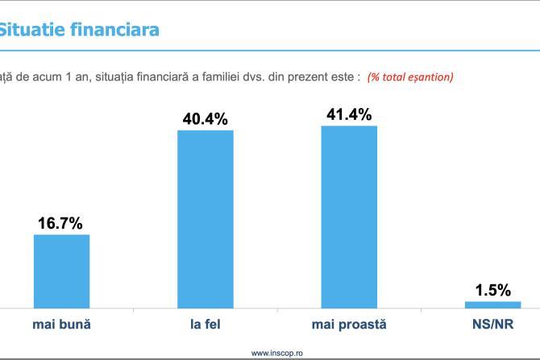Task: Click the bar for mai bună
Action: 61,271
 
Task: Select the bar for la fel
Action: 205,218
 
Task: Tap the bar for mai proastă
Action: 349,217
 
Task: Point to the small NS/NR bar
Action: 492,304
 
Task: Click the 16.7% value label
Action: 61,223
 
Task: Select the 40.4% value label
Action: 205,119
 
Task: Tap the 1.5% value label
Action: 492,290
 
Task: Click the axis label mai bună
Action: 61,325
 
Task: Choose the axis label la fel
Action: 205,325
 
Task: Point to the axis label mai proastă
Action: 349,325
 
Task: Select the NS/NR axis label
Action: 492,325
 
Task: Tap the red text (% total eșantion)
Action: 410,77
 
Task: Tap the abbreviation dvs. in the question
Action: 234,77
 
